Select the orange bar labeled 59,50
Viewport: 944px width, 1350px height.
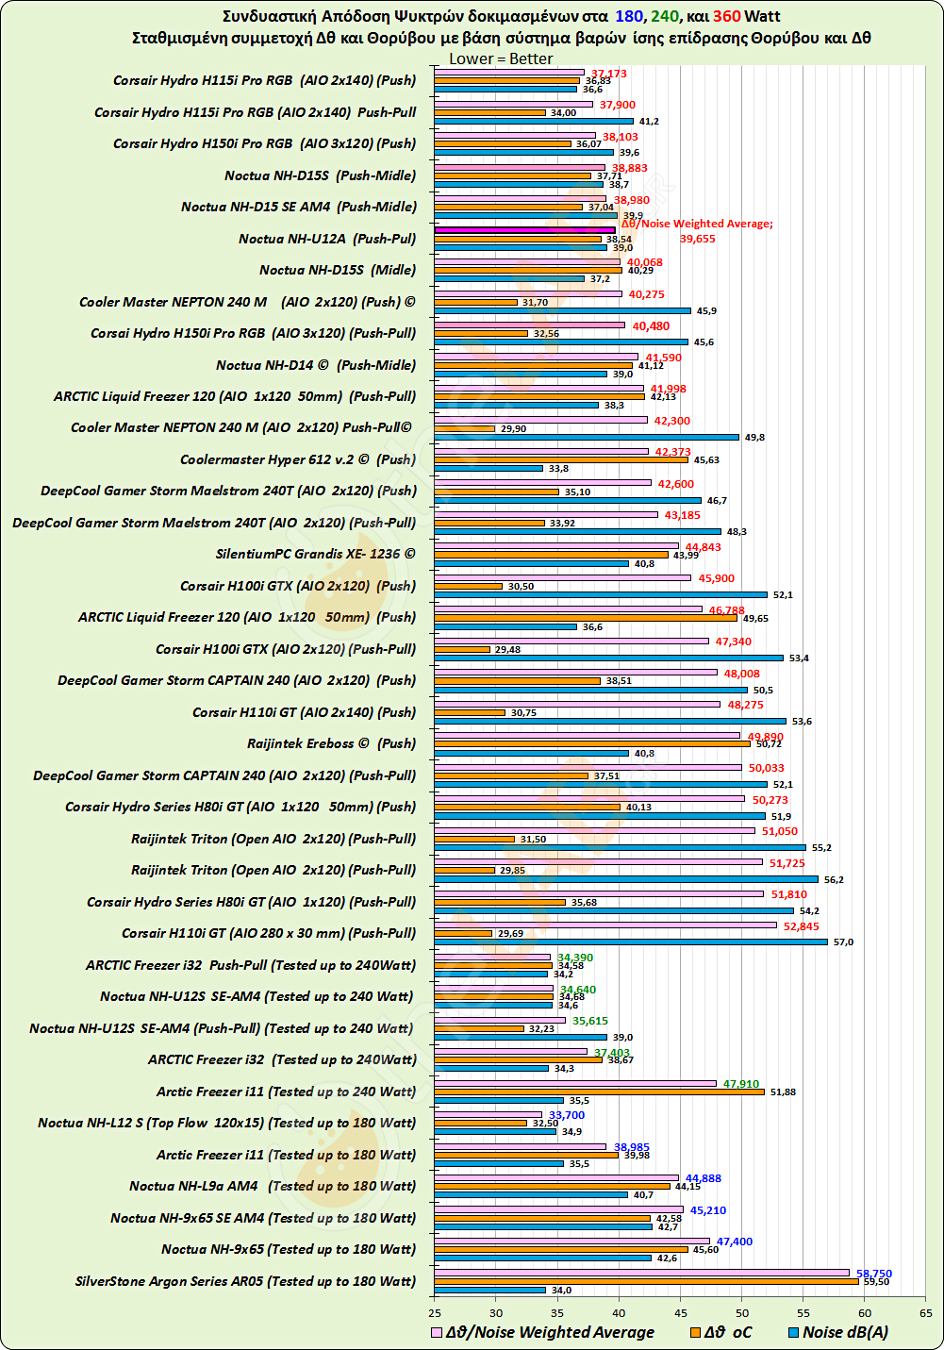point(646,1281)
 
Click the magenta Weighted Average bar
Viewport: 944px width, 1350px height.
point(524,229)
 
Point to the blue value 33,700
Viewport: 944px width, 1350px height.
point(567,1115)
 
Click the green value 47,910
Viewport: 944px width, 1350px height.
point(741,1084)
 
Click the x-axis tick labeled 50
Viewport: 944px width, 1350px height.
point(742,1312)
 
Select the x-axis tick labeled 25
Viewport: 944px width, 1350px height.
point(435,1312)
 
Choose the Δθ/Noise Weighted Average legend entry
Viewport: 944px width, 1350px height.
point(542,1332)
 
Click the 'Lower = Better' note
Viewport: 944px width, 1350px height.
point(501,58)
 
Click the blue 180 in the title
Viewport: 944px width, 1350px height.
point(629,16)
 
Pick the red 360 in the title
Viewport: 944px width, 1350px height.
point(726,16)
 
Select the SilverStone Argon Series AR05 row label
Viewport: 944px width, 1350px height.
point(245,1281)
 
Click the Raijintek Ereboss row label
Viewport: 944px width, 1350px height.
point(331,743)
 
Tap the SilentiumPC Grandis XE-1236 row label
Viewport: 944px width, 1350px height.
point(315,554)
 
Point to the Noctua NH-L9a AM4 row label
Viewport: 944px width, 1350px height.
point(273,1186)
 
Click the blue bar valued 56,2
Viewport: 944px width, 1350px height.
point(626,879)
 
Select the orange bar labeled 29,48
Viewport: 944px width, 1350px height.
point(462,649)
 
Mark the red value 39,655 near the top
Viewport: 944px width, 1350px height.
point(697,239)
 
